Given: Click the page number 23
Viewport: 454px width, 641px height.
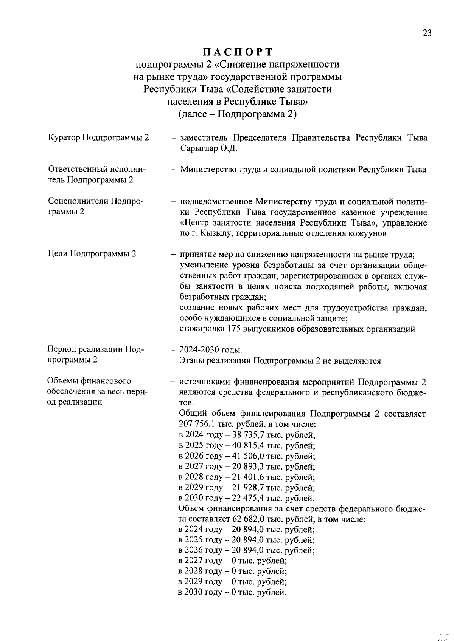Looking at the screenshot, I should [x=427, y=33].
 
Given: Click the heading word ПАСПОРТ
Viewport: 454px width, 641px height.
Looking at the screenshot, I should [x=238, y=51].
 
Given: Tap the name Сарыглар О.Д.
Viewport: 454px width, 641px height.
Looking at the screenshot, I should [x=209, y=148].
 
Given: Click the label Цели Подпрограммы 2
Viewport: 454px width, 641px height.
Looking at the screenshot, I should [x=92, y=254].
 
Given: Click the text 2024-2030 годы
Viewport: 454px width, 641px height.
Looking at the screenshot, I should [x=211, y=349].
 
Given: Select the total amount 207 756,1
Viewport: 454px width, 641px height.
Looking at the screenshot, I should [x=197, y=424].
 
